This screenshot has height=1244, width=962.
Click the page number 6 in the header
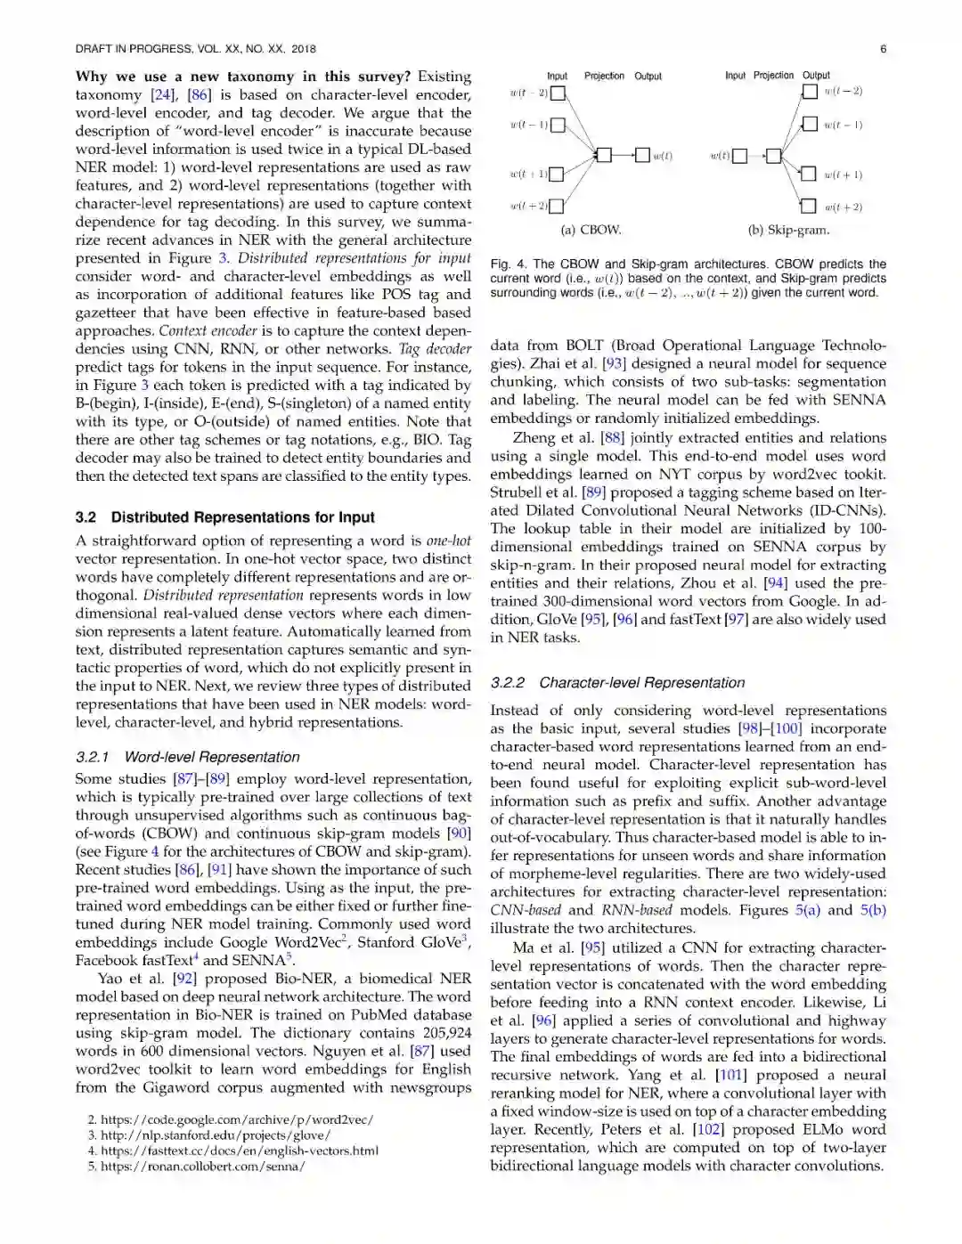(883, 49)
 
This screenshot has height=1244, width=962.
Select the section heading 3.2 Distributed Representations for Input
(224, 517)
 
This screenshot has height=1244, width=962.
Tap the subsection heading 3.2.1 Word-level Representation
(187, 757)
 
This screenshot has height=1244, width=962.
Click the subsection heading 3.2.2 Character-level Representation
(617, 683)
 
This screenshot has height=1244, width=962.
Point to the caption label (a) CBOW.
(591, 230)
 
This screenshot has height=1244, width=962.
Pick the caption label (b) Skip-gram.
(788, 230)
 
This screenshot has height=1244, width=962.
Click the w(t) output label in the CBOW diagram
(663, 156)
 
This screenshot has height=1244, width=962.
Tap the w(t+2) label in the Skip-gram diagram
(843, 207)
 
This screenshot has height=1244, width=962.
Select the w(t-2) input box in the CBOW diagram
(557, 93)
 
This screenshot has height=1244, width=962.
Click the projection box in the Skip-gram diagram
(773, 156)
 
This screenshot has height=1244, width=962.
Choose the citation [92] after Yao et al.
(184, 979)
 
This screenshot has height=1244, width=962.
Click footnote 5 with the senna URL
(196, 1166)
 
